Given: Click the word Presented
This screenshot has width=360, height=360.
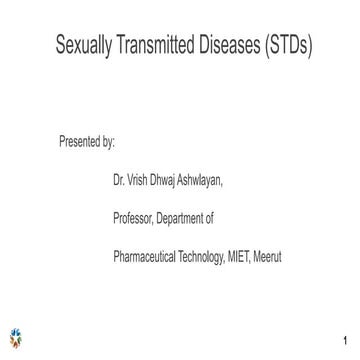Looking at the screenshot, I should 80,141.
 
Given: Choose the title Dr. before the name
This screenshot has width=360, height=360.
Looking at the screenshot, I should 119,180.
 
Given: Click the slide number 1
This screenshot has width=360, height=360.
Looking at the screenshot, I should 343,341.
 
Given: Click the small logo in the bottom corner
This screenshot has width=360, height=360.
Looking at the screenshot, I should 16,337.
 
